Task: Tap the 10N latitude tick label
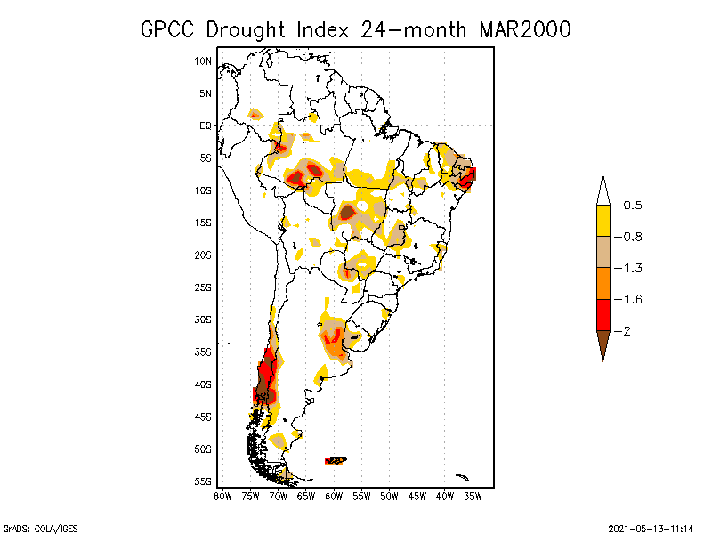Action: coord(204,61)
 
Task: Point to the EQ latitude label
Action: coord(206,125)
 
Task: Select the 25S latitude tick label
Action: coord(204,287)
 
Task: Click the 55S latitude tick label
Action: coord(204,481)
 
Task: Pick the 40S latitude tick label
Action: coord(204,384)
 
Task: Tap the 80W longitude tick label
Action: coord(222,495)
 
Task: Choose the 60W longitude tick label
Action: coord(335,495)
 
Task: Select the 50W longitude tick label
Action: coord(390,495)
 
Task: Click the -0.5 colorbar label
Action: coord(634,206)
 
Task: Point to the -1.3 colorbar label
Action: coord(634,268)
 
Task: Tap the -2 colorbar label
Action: coord(628,330)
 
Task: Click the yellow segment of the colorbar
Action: coord(603,221)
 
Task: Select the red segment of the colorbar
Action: coord(603,314)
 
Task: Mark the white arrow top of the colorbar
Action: coord(603,191)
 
